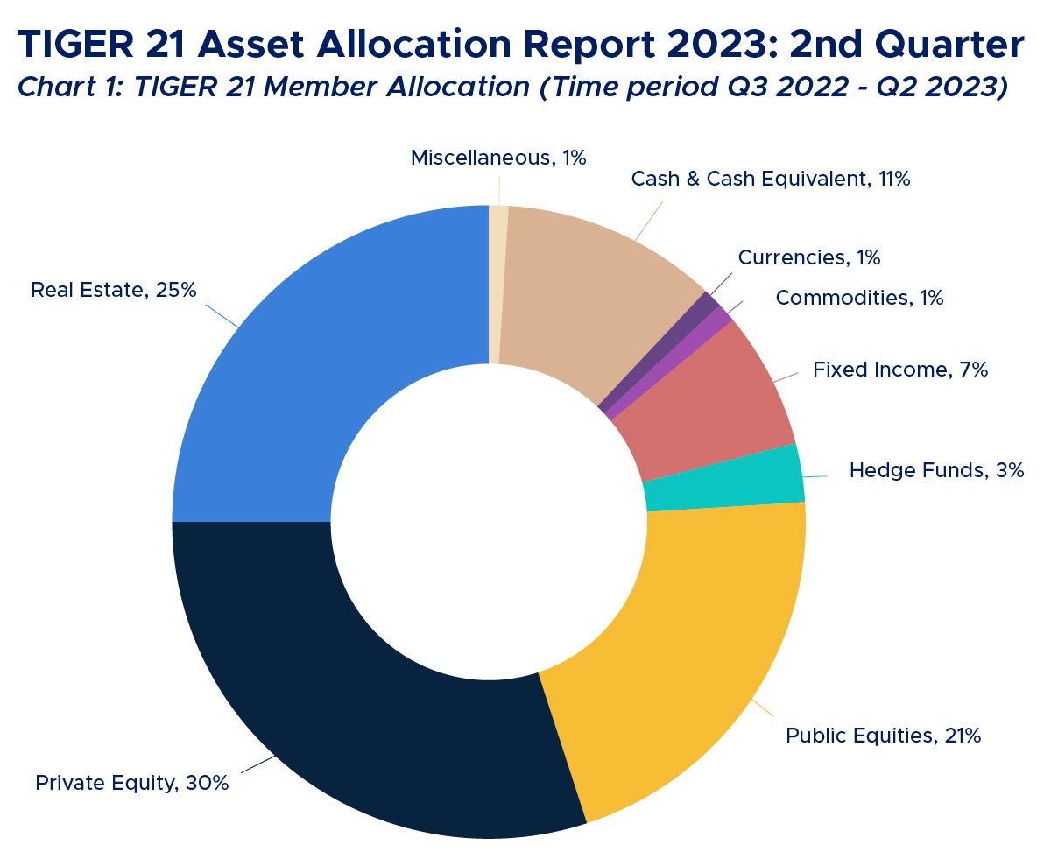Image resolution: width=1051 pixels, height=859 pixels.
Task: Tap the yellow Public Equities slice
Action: (x=683, y=648)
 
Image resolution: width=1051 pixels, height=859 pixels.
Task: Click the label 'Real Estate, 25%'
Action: (x=114, y=290)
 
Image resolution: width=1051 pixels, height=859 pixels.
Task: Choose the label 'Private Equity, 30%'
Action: (x=131, y=783)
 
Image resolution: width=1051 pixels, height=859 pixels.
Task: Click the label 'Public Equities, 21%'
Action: (x=883, y=736)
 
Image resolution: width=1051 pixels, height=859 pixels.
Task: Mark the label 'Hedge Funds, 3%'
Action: (x=936, y=470)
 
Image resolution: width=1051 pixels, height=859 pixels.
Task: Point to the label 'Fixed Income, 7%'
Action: (x=899, y=370)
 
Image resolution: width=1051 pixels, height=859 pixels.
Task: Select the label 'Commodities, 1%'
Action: (x=859, y=298)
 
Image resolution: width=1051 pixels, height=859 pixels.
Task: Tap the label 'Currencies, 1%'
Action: (x=808, y=257)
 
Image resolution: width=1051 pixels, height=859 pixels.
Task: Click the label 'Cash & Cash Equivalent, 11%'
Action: (x=771, y=179)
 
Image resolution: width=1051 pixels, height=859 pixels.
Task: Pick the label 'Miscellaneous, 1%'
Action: (x=497, y=158)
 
